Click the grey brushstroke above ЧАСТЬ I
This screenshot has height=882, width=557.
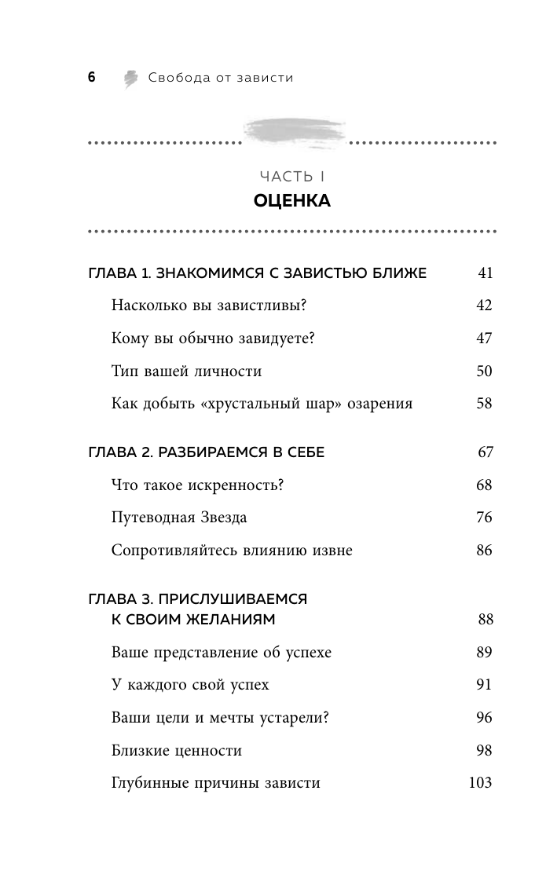292,130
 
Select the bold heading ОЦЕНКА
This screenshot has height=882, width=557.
292,201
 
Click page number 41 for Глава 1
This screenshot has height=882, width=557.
485,273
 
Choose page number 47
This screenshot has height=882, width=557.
484,339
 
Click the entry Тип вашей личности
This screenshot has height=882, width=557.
187,371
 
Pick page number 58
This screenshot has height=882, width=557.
484,404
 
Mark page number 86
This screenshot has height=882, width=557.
484,551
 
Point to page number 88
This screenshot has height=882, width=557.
485,620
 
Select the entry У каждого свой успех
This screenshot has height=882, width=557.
190,685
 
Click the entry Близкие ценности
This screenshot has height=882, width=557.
177,750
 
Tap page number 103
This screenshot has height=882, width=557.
479,782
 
